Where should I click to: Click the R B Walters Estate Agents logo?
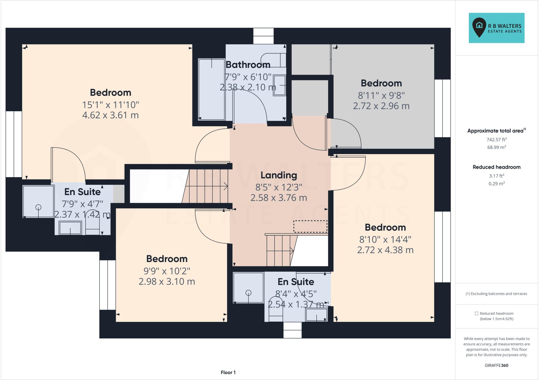[x=496, y=28]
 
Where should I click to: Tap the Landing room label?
[x=279, y=175]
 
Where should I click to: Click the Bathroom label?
[x=248, y=65]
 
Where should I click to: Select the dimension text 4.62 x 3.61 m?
[x=110, y=115]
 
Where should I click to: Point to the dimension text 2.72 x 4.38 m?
[x=385, y=250]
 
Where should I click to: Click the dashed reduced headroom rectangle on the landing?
[x=310, y=227]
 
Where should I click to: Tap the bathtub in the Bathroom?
[x=211, y=89]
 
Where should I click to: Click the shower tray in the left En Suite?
[x=38, y=202]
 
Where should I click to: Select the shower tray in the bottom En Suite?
[x=248, y=288]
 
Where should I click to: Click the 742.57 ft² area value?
[x=496, y=140]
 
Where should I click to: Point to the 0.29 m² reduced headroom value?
[x=496, y=184]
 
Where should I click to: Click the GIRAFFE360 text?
[x=496, y=365]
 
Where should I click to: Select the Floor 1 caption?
[x=228, y=372]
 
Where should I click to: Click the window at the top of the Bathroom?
[x=263, y=36]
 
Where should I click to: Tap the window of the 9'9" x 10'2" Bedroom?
[x=107, y=285]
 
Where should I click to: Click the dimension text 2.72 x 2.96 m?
[x=381, y=106]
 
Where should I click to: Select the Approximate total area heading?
[x=496, y=131]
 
